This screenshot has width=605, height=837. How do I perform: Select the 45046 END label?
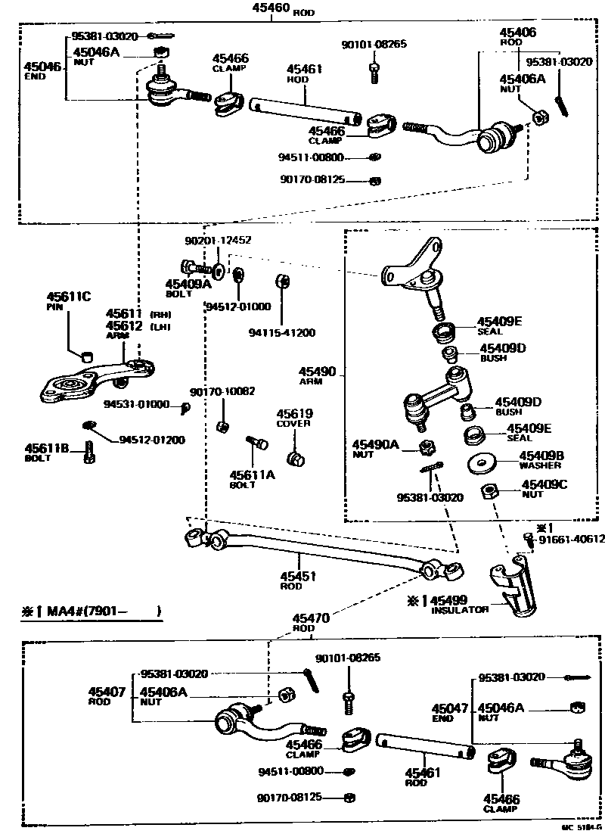(x=43, y=71)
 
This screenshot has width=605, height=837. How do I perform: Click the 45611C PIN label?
(x=69, y=300)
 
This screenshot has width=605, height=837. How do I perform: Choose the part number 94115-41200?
(x=282, y=331)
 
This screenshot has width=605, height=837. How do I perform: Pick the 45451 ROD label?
(x=297, y=580)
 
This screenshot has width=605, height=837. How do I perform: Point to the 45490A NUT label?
(x=374, y=448)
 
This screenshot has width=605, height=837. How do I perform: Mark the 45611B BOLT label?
(x=48, y=453)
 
